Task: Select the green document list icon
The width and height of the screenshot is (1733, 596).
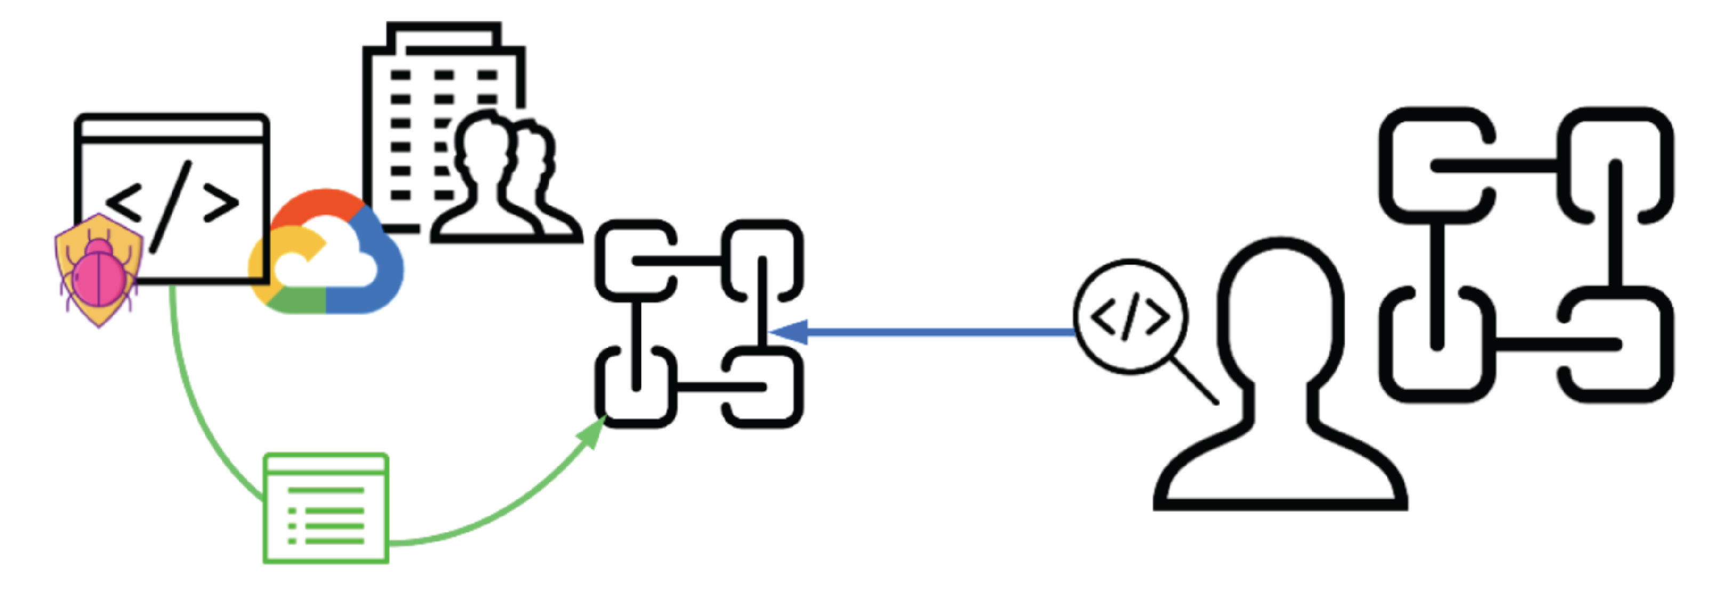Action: tap(326, 508)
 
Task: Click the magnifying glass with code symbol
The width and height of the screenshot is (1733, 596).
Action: tap(1130, 316)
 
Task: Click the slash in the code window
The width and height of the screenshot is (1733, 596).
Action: tap(172, 206)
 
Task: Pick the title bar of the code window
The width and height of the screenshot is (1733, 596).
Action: tap(172, 128)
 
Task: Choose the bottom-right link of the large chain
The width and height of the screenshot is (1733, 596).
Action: tap(1615, 347)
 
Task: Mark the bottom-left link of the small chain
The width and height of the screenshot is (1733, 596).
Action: tap(636, 387)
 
